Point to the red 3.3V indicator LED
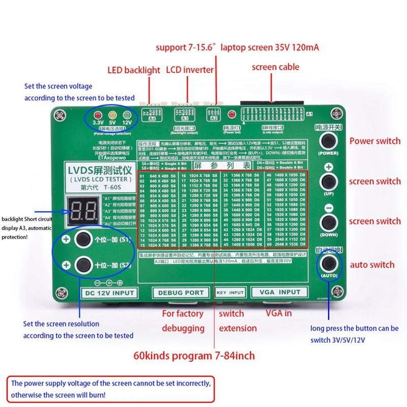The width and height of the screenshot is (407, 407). [x=96, y=114]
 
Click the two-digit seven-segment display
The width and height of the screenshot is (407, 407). [x=82, y=210]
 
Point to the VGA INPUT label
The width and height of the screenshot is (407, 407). [x=279, y=293]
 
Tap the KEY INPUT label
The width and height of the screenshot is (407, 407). [x=230, y=293]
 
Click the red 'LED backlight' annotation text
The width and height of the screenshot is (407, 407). [x=134, y=70]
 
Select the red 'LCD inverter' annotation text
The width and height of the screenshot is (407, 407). [x=191, y=70]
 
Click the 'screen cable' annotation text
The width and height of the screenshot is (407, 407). [x=275, y=67]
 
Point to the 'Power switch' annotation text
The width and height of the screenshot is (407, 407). [x=374, y=141]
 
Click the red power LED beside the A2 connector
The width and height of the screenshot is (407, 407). [x=231, y=113]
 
